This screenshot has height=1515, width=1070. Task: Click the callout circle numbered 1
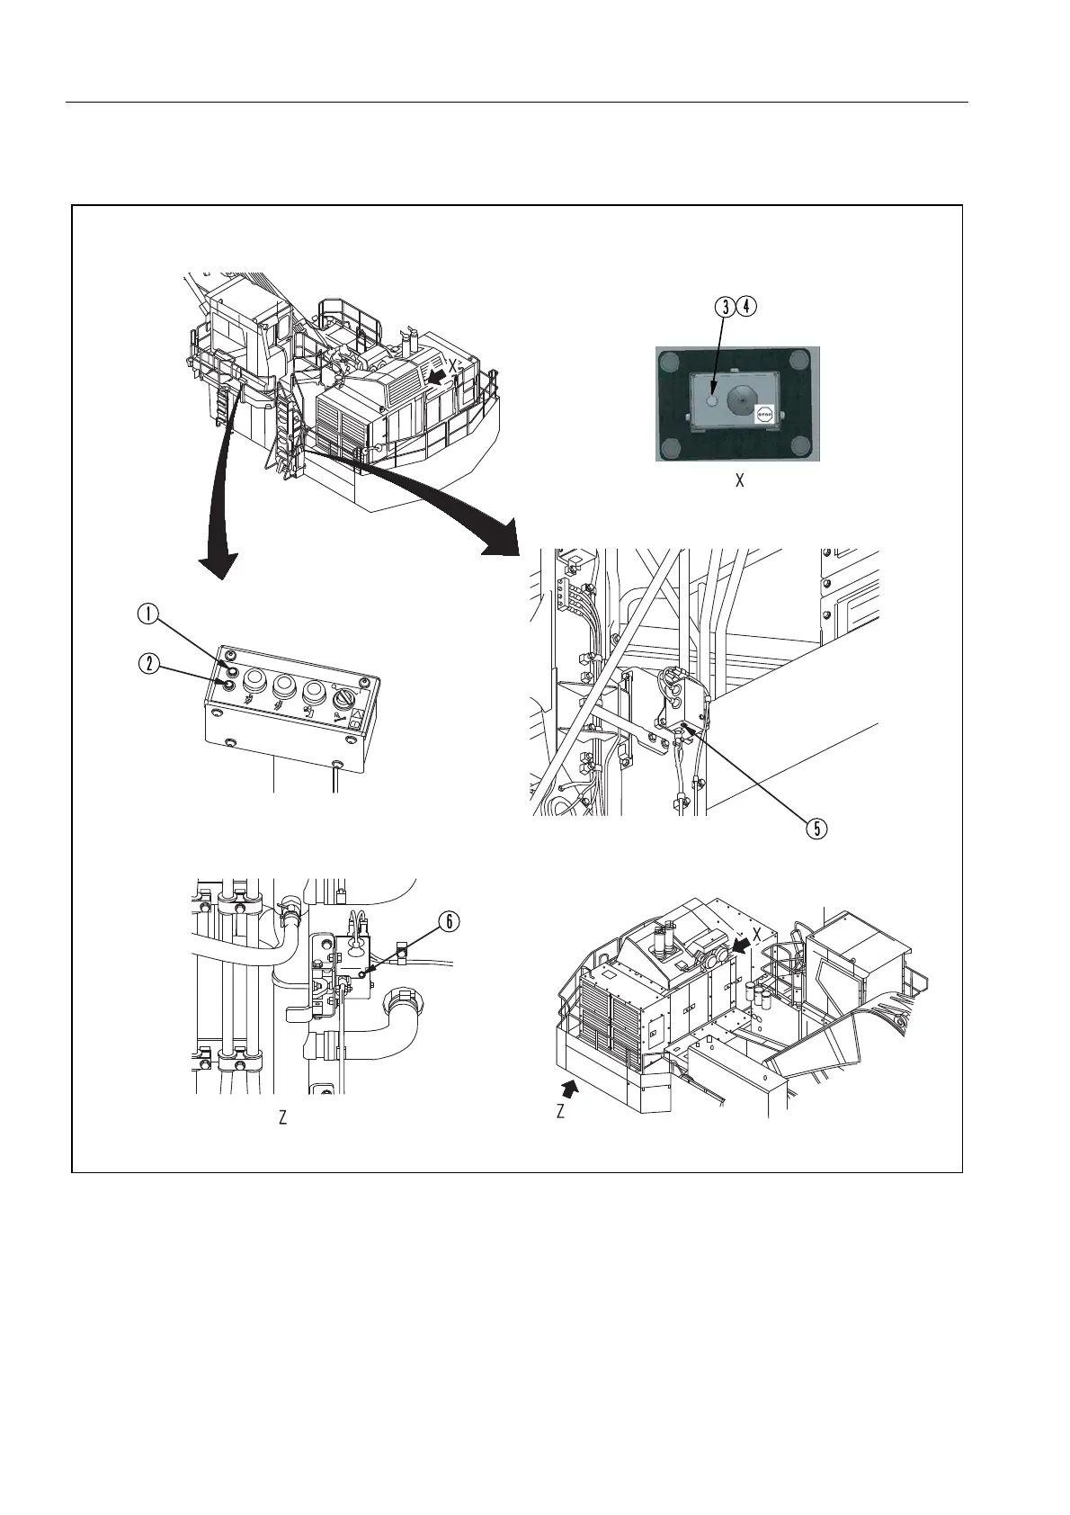[x=147, y=614]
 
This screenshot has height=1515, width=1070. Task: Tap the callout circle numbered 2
[x=147, y=665]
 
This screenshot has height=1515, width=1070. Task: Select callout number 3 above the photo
[x=725, y=306]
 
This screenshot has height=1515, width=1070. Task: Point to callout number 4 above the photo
[x=746, y=306]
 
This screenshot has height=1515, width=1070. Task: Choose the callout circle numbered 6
[x=449, y=921]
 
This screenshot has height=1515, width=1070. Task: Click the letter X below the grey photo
[x=740, y=481]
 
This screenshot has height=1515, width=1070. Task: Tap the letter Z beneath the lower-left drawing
[x=282, y=1118]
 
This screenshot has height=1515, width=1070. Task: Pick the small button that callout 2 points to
[x=227, y=686]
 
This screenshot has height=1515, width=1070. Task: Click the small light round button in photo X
[x=711, y=401]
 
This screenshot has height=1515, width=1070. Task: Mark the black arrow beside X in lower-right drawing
[x=742, y=942]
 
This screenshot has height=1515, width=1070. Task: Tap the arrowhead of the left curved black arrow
[x=218, y=565]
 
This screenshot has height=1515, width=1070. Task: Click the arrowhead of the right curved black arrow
[x=499, y=541]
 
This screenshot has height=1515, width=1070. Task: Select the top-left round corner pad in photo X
[x=669, y=361]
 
